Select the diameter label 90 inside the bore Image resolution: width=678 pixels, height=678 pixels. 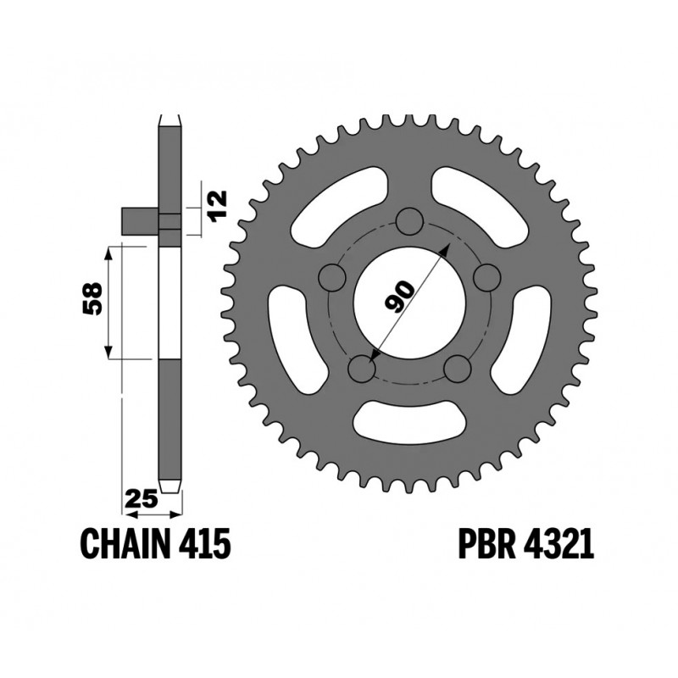coord(399,296)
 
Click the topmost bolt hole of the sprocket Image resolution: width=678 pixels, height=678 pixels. coord(410,222)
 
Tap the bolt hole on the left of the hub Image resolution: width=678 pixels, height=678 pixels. coord(333,278)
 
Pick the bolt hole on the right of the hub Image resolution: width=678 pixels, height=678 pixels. coord(487,277)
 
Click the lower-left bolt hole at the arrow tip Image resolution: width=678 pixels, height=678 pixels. coord(362,369)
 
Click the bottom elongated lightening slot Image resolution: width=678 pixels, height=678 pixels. coord(410,420)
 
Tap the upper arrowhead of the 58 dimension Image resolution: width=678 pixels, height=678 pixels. coord(108,252)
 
